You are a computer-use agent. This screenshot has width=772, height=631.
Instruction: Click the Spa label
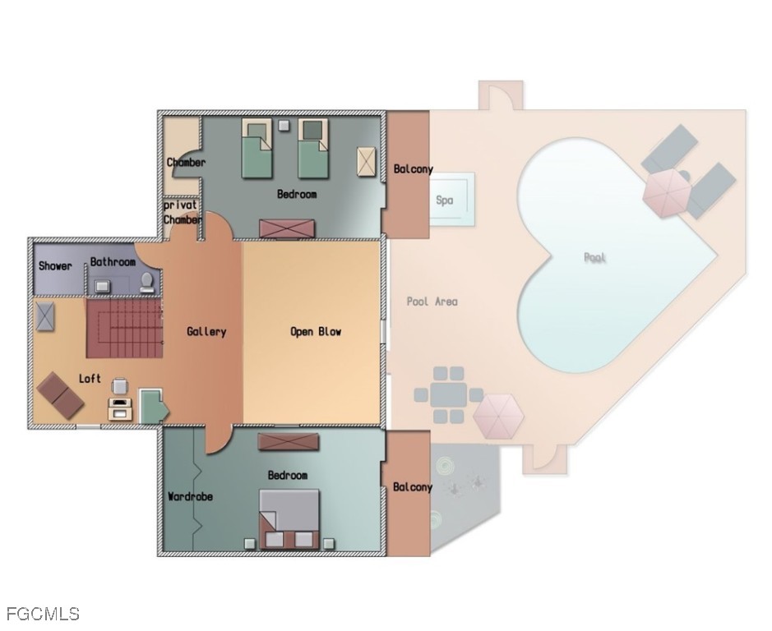click(x=445, y=200)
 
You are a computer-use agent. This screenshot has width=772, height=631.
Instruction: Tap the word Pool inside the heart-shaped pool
click(x=594, y=257)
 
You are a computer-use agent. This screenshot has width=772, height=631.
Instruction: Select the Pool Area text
click(x=432, y=302)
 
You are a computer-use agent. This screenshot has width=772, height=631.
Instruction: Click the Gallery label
click(x=206, y=331)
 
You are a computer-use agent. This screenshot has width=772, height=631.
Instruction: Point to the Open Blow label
click(x=315, y=331)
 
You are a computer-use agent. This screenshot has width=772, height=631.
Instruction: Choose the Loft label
click(x=90, y=379)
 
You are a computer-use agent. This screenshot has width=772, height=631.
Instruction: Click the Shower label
click(x=55, y=265)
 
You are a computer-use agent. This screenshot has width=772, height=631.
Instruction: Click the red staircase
click(x=123, y=328)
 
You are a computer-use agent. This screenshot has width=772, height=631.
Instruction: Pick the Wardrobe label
click(x=190, y=496)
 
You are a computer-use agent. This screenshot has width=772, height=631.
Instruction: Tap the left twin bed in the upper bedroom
click(x=257, y=147)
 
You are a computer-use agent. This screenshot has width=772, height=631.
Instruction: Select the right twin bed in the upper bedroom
click(x=312, y=147)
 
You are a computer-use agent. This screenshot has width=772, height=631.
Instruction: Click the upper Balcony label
click(x=413, y=169)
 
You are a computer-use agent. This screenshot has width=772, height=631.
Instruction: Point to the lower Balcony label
click(x=412, y=487)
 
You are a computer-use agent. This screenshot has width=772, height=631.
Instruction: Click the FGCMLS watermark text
click(x=43, y=614)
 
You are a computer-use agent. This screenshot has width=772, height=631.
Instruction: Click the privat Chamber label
click(x=183, y=212)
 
